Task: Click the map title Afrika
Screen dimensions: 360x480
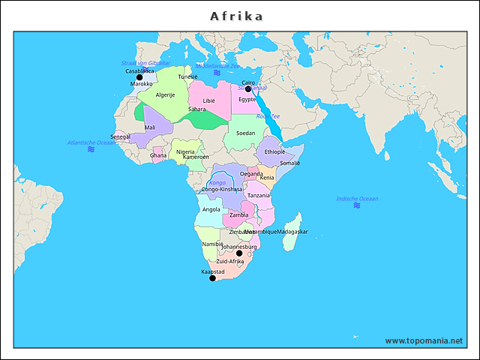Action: point(236,16)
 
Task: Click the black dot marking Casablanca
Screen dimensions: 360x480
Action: point(139,77)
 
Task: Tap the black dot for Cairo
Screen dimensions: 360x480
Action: point(248,88)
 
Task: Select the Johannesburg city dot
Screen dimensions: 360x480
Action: point(239,253)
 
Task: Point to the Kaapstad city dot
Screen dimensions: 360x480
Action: point(212,278)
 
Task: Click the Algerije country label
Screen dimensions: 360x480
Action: point(165,95)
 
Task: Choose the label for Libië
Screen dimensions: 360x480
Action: point(209,100)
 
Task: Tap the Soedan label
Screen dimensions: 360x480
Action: point(245,133)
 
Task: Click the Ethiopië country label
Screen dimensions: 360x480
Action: point(274,151)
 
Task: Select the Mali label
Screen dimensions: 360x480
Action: point(150,127)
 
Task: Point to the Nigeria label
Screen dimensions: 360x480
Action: point(185,151)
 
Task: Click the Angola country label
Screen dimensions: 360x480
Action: point(211,210)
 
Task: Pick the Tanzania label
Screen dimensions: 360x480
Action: point(259,195)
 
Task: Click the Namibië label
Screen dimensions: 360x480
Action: point(212,244)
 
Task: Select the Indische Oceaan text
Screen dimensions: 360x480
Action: point(357,199)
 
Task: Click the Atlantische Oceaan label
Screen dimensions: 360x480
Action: point(91,142)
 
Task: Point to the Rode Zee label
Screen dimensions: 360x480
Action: point(268,116)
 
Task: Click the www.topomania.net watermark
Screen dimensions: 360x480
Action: point(424,340)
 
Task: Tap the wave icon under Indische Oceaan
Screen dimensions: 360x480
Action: point(357,208)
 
